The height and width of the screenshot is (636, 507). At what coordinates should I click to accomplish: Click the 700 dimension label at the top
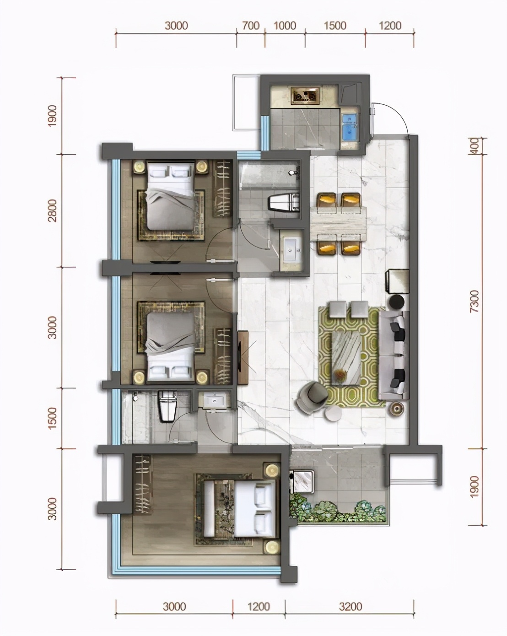coord(251,26)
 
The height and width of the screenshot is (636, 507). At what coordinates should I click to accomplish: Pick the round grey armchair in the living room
coord(312,397)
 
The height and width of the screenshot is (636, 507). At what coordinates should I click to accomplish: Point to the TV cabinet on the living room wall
coord(243,358)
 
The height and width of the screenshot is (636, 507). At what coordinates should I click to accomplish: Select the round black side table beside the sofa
coord(396,302)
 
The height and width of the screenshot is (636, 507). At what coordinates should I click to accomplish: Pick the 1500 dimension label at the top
coord(335,26)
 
